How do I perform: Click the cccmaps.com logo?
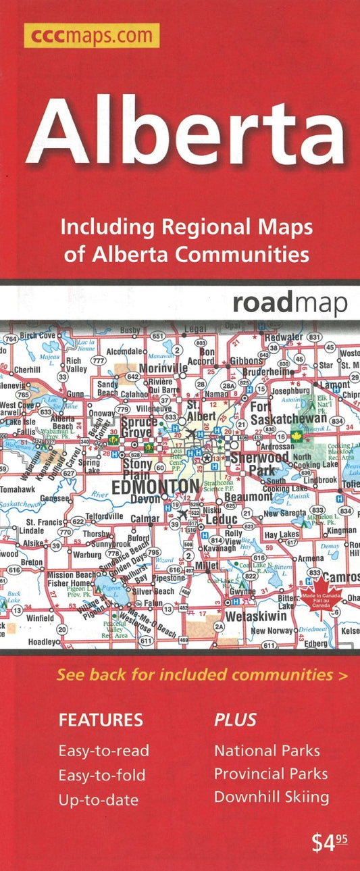point(91,35)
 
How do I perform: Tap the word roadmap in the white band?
point(290,303)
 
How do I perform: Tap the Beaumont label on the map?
point(247,497)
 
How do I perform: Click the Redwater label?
point(284,337)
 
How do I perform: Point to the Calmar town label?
point(146,519)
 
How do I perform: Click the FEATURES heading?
point(101,720)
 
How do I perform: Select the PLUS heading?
point(235,720)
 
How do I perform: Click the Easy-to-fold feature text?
point(102,775)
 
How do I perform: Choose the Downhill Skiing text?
point(272,797)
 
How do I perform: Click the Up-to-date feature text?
point(99,800)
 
